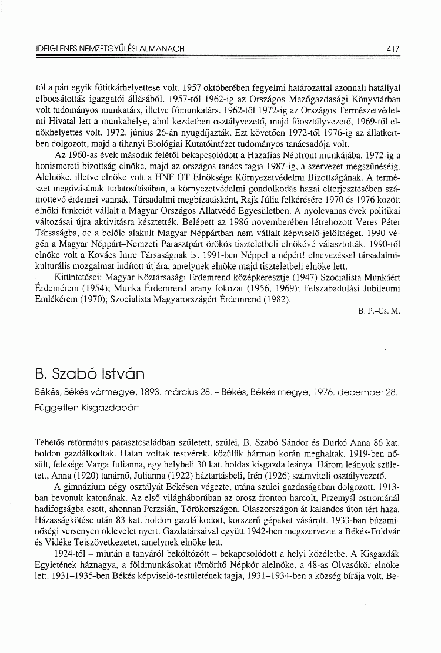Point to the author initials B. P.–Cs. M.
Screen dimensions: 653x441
pos(378,311)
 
